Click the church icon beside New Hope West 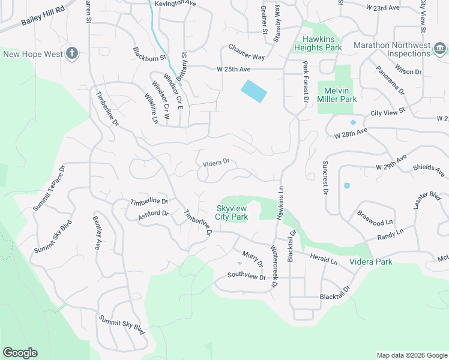click(x=71, y=54)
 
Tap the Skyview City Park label click(x=232, y=213)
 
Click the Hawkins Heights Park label click(x=318, y=43)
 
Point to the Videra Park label click(x=375, y=262)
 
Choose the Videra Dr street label click(x=217, y=162)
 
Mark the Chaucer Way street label click(x=246, y=52)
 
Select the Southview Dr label click(x=246, y=276)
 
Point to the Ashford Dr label click(x=154, y=214)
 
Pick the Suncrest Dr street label click(x=325, y=177)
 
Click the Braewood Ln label click(x=375, y=217)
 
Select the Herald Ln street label click(x=324, y=259)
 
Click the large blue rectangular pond click(x=254, y=91)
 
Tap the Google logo click(x=20, y=353)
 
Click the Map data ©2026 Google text click(x=411, y=355)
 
